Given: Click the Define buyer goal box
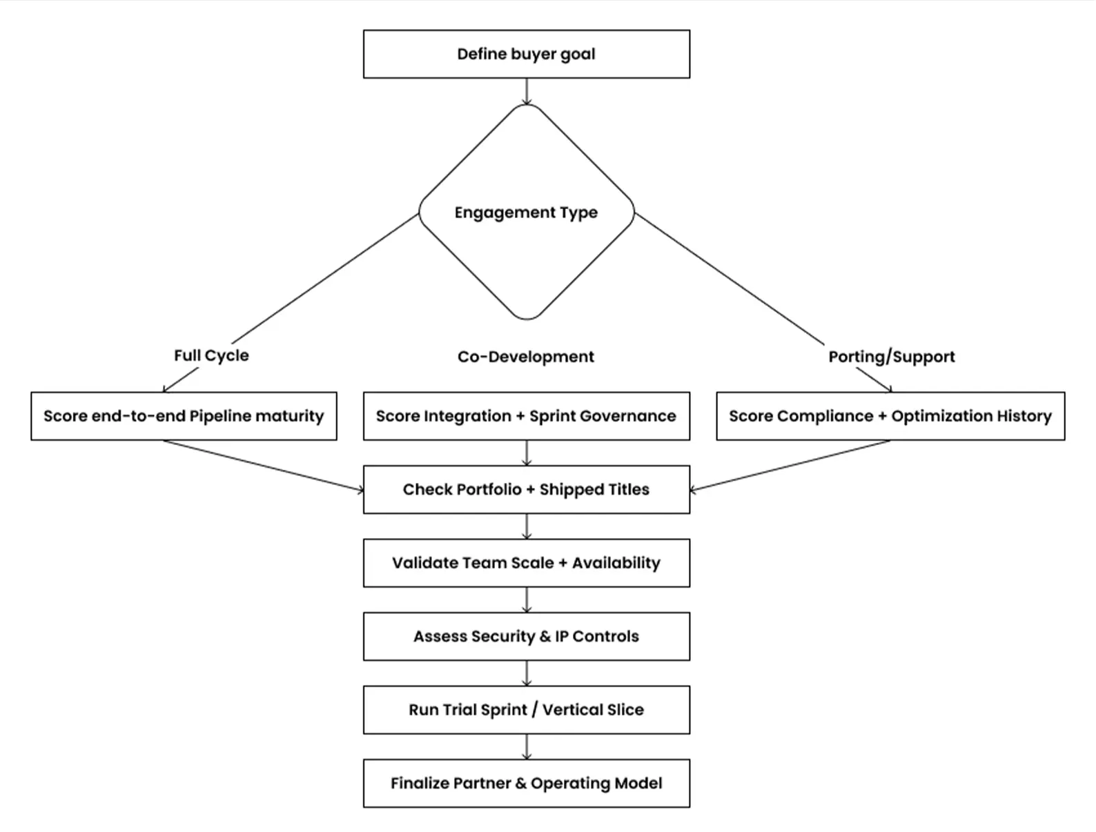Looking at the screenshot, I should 526,54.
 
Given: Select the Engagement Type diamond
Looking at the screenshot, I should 526,212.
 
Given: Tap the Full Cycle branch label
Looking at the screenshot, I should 211,355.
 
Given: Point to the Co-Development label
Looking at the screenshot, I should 525,357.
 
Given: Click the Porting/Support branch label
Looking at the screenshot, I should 891,357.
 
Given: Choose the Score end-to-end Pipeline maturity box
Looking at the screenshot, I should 184,416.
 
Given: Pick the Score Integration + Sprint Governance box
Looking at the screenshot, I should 526,416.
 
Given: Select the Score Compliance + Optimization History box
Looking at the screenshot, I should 890,416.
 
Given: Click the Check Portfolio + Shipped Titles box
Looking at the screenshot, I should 526,489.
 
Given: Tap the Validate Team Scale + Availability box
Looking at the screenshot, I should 526,563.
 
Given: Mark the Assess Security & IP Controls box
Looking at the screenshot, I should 526,636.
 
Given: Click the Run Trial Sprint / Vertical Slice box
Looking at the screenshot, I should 526,710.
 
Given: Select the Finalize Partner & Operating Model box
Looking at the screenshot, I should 526,783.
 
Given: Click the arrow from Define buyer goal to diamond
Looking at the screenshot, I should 527,91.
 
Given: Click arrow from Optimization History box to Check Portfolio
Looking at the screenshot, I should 790,466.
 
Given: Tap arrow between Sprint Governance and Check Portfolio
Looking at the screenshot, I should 527,453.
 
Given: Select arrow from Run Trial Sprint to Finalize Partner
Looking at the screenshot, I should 527,746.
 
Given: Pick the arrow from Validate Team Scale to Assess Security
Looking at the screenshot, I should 527,600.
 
